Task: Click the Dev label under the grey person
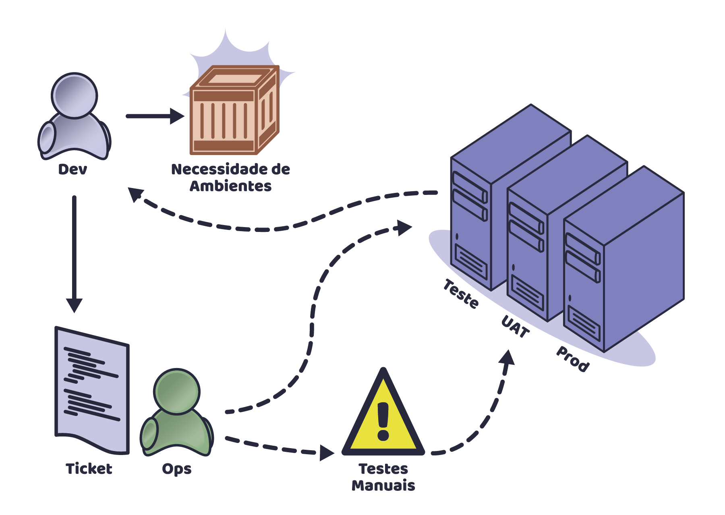[72, 170]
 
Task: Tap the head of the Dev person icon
[75, 96]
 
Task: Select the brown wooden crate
[234, 111]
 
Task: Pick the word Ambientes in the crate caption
[231, 186]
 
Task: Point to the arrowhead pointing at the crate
[177, 116]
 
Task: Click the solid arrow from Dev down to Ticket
[74, 250]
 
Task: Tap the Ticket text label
[89, 469]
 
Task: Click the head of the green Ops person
[177, 391]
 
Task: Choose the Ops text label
[176, 469]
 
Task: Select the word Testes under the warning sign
[383, 469]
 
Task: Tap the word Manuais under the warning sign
[383, 486]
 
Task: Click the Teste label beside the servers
[462, 294]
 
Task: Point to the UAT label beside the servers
[515, 327]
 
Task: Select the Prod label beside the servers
[573, 358]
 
